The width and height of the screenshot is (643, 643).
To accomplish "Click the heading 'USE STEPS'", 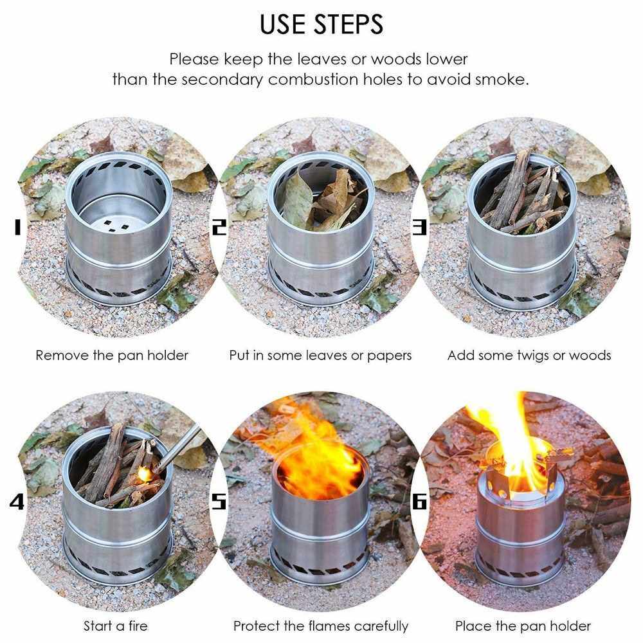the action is pos(321,24).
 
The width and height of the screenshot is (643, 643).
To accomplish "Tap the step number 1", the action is pos(17,227).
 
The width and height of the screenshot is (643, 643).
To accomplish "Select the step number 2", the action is pos(219,227).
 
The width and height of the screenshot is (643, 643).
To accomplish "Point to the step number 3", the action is pos(419,227).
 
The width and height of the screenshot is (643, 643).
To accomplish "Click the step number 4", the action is pos(17,501).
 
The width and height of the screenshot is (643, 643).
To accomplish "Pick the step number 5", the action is pos(219,501).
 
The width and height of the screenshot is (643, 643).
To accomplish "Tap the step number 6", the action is pos(419,501).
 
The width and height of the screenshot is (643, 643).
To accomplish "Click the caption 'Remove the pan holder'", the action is pos(112,355).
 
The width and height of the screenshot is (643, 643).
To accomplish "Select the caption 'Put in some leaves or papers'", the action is pos(320,356).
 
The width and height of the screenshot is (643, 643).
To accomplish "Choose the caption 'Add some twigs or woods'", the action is pos(529,356).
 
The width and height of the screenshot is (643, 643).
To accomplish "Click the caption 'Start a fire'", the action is pos(115,626).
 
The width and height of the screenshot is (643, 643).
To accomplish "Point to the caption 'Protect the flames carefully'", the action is pos(321,626).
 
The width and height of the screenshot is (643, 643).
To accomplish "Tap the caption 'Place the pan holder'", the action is pos(523,626).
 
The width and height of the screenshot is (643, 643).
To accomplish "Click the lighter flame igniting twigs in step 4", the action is pos(144,475).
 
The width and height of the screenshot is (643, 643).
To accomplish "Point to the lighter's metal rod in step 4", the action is pos(178,448).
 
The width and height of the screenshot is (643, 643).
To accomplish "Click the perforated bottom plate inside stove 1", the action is pos(118,225).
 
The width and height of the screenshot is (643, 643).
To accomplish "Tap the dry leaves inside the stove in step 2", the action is pos(324,199).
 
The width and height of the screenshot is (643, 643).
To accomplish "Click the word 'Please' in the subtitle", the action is pos(194,59).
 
